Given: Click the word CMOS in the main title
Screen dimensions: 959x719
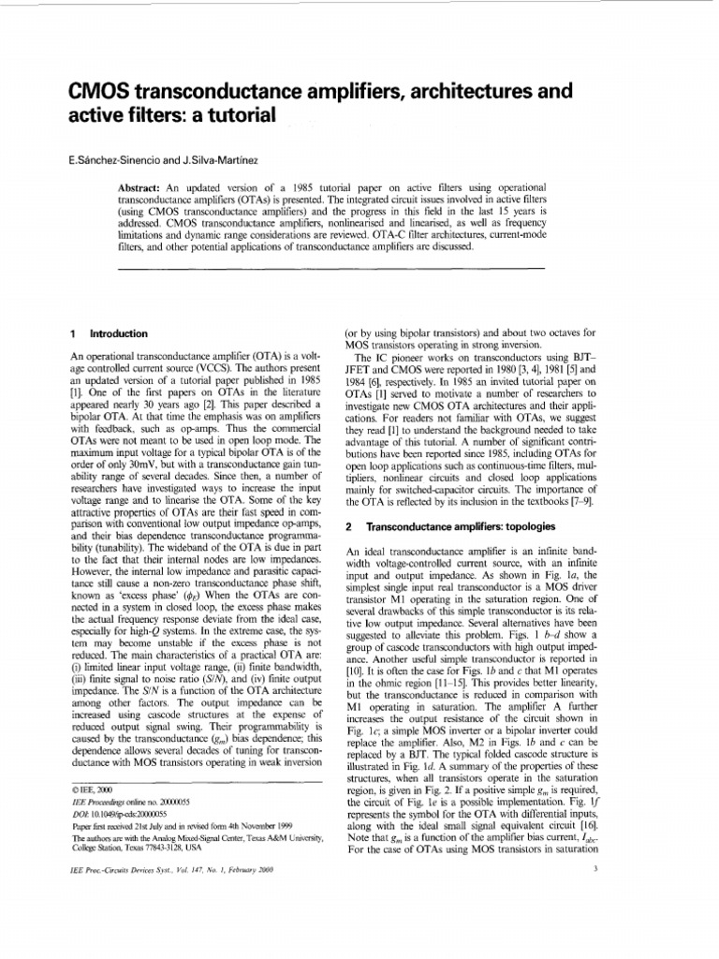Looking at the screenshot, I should click(x=105, y=91).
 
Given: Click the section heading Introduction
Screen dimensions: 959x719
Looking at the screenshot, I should click(x=118, y=333).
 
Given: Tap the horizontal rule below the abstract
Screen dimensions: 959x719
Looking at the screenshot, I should click(x=333, y=269).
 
